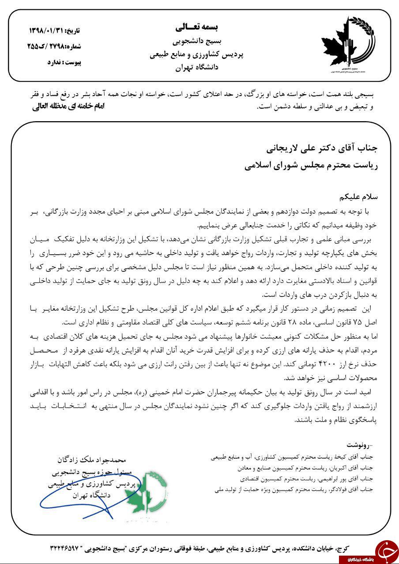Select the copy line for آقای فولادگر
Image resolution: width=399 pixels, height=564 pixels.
pos(293,489)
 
